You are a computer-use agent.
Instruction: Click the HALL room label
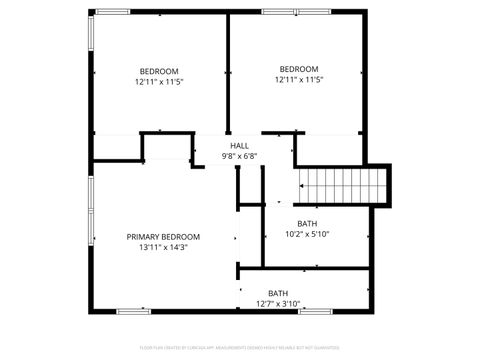point(240,146)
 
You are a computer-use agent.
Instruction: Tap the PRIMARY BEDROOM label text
point(163,237)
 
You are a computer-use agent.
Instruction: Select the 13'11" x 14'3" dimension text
point(163,247)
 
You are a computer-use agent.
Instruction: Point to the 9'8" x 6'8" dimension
point(240,156)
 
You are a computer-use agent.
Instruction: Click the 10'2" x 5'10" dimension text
point(307,234)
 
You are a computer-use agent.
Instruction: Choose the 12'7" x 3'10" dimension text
point(277,303)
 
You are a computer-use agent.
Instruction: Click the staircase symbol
point(343,185)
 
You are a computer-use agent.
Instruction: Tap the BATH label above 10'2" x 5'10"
point(307,223)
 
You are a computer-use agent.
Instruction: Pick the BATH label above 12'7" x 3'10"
point(277,293)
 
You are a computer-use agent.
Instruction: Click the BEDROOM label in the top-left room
point(159,71)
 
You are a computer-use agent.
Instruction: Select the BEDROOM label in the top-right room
point(298,69)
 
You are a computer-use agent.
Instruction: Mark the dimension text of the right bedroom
point(298,79)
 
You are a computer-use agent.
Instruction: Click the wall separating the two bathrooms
point(305,268)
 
